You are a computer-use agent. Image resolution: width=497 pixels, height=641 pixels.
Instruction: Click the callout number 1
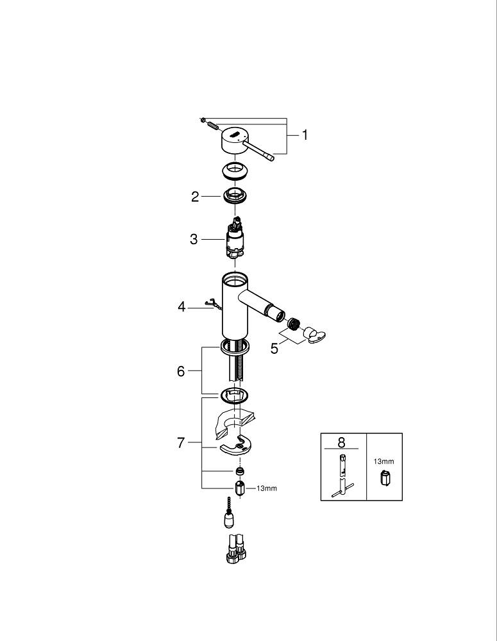click(305, 135)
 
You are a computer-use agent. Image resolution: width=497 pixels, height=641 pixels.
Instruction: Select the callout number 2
click(195, 197)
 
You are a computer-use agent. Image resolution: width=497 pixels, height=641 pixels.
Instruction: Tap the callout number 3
click(194, 239)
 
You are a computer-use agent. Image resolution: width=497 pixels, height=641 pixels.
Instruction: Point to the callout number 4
click(181, 306)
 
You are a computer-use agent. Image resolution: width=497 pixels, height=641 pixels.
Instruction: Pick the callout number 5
click(274, 349)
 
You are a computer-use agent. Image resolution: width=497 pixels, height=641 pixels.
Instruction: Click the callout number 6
click(181, 371)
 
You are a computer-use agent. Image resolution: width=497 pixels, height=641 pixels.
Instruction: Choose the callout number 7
click(181, 443)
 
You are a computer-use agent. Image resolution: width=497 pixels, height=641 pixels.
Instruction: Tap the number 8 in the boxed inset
click(342, 442)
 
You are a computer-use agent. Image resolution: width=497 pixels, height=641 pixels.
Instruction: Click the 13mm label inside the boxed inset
click(383, 461)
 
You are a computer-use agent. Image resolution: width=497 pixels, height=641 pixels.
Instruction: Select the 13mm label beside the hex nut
click(267, 488)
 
